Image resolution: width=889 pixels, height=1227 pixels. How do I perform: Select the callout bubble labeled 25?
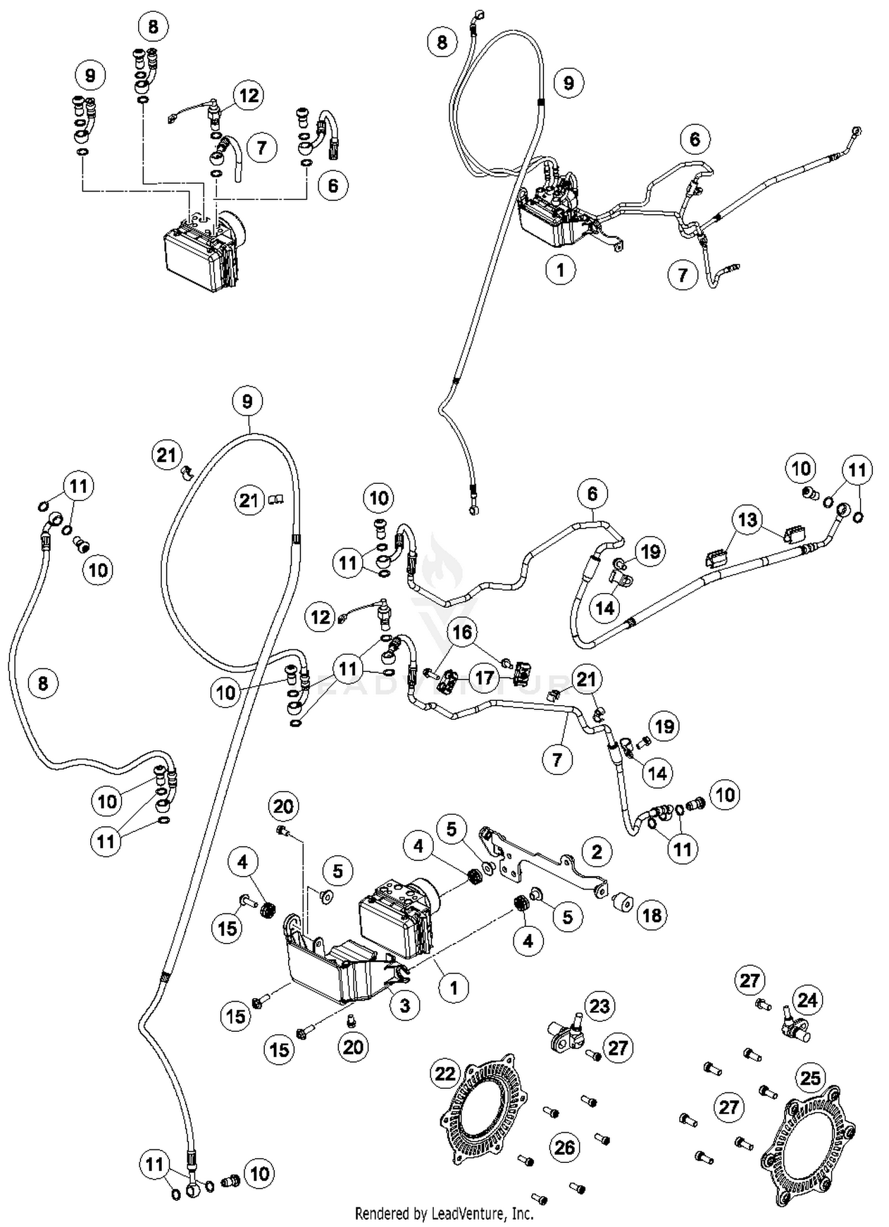pos(810,1078)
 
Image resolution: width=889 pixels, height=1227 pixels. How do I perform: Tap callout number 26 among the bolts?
pos(564,1147)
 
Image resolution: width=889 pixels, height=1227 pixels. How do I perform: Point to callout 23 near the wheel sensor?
pos(600,1006)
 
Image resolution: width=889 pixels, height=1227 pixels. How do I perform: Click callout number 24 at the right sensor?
pos(807,1000)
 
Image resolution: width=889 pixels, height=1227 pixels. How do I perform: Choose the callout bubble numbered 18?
pos(652,915)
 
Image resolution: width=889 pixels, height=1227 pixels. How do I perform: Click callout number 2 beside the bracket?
pos(597,852)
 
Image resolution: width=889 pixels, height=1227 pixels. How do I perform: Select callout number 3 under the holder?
pos(405,1005)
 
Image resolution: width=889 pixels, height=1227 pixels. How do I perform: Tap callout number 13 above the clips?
pos(747,520)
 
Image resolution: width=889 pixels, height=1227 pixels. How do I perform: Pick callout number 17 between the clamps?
pos(485,677)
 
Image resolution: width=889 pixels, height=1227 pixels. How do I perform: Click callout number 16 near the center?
pos(462,632)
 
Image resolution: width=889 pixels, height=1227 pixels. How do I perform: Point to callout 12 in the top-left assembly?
pos(248,95)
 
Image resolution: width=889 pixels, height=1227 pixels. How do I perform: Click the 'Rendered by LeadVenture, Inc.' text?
pos(444,1213)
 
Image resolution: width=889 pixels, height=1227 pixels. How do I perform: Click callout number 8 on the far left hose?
pos(43,683)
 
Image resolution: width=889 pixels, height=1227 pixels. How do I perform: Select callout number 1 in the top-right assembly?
pos(561,270)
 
